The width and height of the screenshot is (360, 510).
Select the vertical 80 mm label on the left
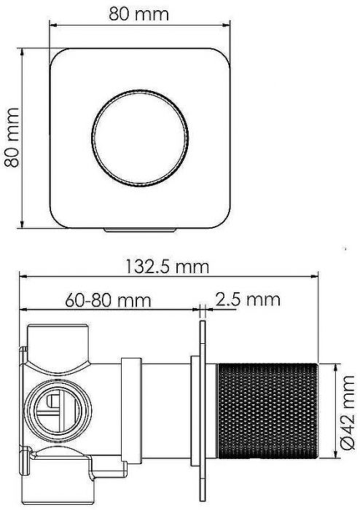click(x=12, y=138)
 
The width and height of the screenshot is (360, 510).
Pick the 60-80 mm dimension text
click(x=108, y=299)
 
